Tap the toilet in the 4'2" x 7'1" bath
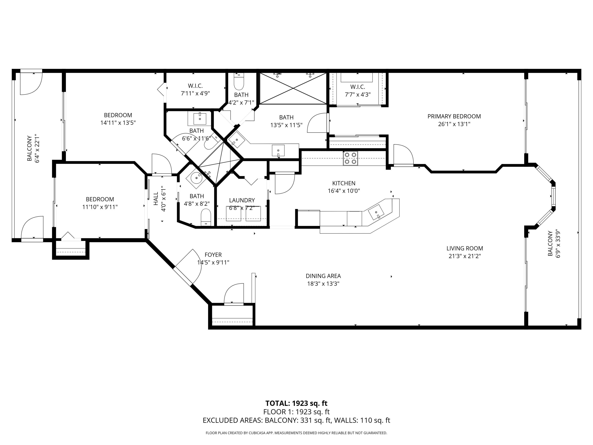239,82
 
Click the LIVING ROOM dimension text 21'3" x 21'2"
465,256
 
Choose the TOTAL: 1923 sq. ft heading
296,403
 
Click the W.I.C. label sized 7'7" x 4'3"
357,87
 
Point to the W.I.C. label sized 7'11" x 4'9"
195,86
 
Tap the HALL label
156,199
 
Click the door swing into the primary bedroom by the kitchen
403,155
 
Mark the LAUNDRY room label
242,200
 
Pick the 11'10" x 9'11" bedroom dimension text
100,207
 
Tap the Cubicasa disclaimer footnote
296,433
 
